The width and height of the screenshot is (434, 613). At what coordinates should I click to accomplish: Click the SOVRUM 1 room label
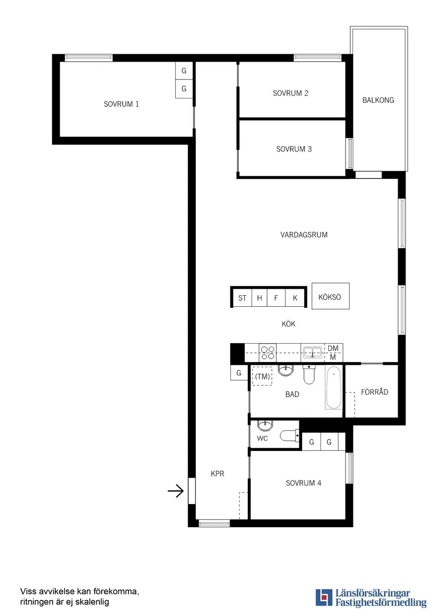pyautogui.click(x=122, y=104)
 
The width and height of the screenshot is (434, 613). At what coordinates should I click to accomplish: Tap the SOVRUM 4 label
pyautogui.click(x=304, y=483)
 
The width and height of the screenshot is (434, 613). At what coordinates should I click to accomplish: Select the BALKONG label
pyautogui.click(x=378, y=100)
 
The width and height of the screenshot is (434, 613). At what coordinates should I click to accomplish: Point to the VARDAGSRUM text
pyautogui.click(x=304, y=235)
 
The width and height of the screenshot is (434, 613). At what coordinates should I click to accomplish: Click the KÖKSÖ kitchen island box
pyautogui.click(x=330, y=297)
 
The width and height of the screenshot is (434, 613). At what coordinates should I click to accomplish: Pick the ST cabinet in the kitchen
pyautogui.click(x=242, y=298)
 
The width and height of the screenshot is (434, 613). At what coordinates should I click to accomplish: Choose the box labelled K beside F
pyautogui.click(x=295, y=298)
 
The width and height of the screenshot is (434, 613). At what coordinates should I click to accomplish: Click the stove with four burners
pyautogui.click(x=268, y=352)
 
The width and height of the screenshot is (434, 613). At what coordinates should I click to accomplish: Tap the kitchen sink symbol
pyautogui.click(x=312, y=352)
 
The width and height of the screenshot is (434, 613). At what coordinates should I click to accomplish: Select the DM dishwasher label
pyautogui.click(x=333, y=348)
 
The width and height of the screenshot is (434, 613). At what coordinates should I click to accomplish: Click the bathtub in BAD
pyautogui.click(x=334, y=389)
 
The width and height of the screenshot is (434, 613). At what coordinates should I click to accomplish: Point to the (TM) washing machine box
pyautogui.click(x=262, y=377)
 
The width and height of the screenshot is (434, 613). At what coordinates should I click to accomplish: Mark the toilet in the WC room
pyautogui.click(x=289, y=436)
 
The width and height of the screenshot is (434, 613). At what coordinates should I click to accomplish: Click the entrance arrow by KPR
pyautogui.click(x=175, y=491)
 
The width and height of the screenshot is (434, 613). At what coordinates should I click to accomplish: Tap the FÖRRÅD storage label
pyautogui.click(x=375, y=392)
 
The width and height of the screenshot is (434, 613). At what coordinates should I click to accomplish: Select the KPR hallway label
pyautogui.click(x=217, y=474)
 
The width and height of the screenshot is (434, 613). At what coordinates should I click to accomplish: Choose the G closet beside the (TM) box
pyautogui.click(x=239, y=373)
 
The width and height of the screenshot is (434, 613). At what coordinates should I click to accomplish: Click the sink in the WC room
pyautogui.click(x=265, y=425)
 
